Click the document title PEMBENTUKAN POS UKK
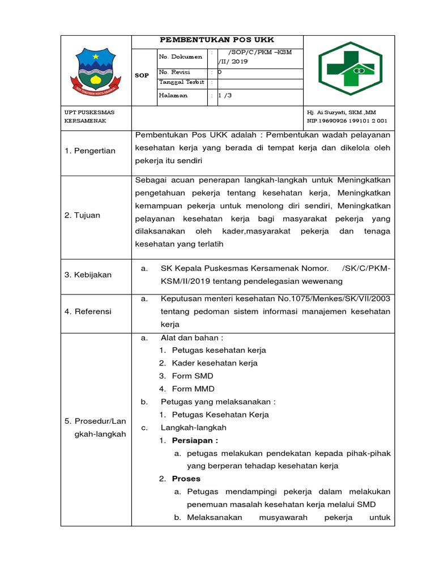[x=217, y=40]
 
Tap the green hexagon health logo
[x=350, y=70]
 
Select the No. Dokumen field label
[x=181, y=57]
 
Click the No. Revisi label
[x=175, y=72]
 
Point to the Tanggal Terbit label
[x=181, y=82]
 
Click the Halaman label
[x=173, y=95]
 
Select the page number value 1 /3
[x=225, y=95]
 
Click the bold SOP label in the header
[x=142, y=75]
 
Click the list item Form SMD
[x=192, y=376]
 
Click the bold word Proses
[x=186, y=479]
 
